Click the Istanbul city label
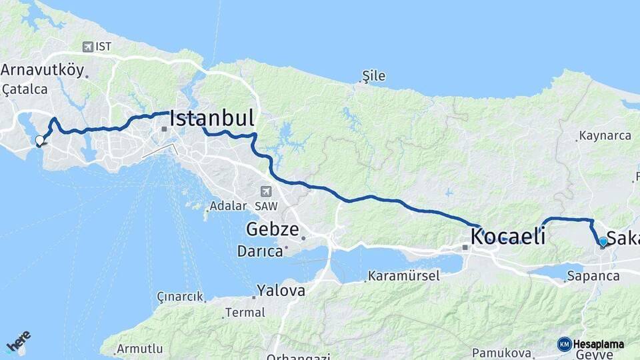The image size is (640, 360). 212,119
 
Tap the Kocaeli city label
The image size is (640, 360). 508,236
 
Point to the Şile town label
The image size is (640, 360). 374,76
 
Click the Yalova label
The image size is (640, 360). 281,291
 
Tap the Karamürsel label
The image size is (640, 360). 404,276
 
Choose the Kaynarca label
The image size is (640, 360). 605,135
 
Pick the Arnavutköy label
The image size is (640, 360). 42,70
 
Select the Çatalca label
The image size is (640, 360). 25,89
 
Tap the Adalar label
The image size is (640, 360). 228,206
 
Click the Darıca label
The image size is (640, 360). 259,251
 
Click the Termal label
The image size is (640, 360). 245,312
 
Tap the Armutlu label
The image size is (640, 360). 140,349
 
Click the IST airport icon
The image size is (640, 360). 87,47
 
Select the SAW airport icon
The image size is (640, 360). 267,191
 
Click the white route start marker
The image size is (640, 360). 40,141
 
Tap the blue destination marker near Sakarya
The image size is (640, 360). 603,242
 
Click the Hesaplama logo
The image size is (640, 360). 591,344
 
